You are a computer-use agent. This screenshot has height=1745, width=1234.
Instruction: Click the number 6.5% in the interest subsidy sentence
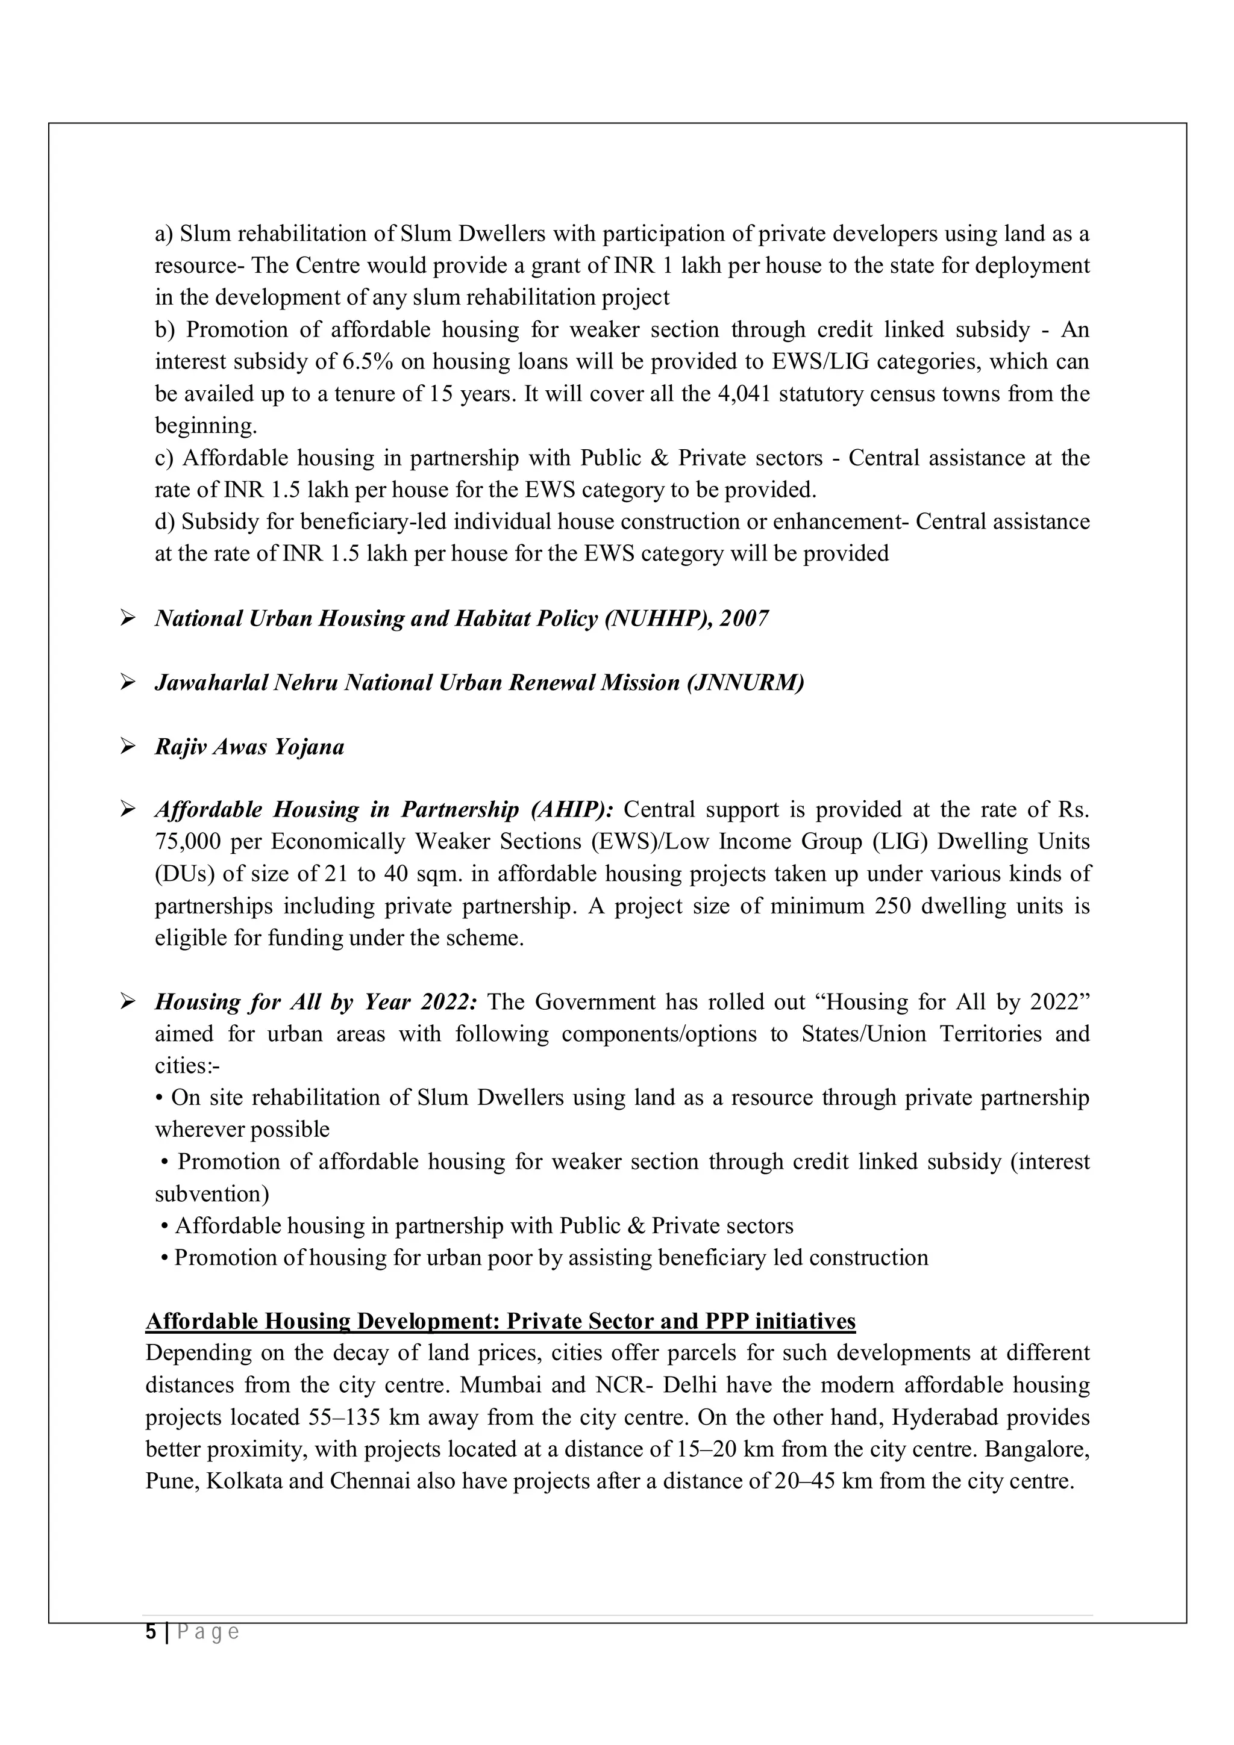click(367, 362)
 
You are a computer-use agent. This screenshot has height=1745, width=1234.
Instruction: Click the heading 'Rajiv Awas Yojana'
click(249, 747)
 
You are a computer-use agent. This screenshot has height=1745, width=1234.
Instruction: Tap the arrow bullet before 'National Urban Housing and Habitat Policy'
click(127, 618)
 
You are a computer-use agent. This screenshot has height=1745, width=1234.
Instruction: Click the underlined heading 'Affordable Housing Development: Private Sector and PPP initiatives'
click(500, 1322)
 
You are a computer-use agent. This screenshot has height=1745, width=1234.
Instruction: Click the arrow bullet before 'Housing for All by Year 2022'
click(127, 1003)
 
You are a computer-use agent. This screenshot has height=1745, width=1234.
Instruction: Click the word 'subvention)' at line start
click(212, 1195)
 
